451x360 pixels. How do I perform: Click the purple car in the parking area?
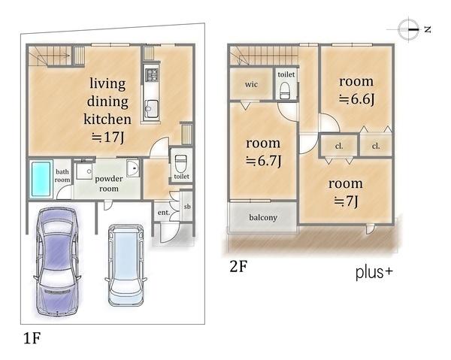(57, 262)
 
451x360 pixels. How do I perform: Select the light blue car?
(126, 265)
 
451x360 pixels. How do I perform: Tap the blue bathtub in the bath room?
(41, 179)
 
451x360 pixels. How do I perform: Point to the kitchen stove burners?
(152, 74)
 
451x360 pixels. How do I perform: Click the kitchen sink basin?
(151, 109)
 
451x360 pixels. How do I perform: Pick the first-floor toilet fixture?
(181, 163)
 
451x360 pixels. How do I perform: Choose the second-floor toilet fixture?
(286, 90)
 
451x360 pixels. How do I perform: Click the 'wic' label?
(251, 84)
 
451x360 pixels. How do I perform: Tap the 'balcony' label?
(263, 217)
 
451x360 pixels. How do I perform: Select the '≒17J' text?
(107, 138)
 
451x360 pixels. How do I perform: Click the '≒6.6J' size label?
(356, 99)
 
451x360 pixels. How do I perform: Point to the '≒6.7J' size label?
(263, 161)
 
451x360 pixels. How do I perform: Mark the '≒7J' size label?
(346, 201)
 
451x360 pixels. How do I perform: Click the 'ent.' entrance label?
(164, 213)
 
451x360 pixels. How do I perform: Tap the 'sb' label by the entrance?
(187, 206)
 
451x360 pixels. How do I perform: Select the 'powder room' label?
(109, 183)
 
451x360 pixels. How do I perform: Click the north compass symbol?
(408, 29)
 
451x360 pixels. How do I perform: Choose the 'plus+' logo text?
(374, 272)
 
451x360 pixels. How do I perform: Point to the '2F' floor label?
(238, 266)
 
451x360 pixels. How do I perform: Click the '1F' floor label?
(32, 338)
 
